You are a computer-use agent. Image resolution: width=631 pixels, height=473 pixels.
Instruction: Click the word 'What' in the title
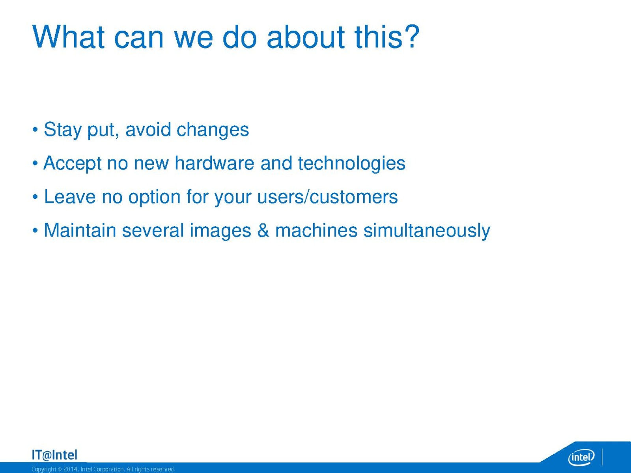(68, 37)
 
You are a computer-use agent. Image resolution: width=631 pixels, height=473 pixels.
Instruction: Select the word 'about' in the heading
(306, 37)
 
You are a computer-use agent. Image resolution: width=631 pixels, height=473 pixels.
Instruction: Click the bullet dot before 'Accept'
(35, 164)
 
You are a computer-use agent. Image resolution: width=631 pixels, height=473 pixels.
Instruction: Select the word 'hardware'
(214, 163)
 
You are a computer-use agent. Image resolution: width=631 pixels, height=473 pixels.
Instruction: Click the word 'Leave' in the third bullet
(69, 197)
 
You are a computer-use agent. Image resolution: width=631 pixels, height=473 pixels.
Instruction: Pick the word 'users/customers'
(327, 197)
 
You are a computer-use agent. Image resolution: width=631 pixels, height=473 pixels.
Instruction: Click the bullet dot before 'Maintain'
(35, 230)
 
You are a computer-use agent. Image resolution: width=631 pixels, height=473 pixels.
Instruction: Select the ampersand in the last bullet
(263, 230)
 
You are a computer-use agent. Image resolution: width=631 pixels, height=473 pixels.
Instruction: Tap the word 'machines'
(316, 230)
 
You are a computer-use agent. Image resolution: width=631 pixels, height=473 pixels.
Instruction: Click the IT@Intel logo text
(54, 455)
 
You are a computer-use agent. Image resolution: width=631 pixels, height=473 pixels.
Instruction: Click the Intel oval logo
(581, 457)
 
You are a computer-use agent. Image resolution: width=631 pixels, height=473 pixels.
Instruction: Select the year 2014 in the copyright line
(69, 469)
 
